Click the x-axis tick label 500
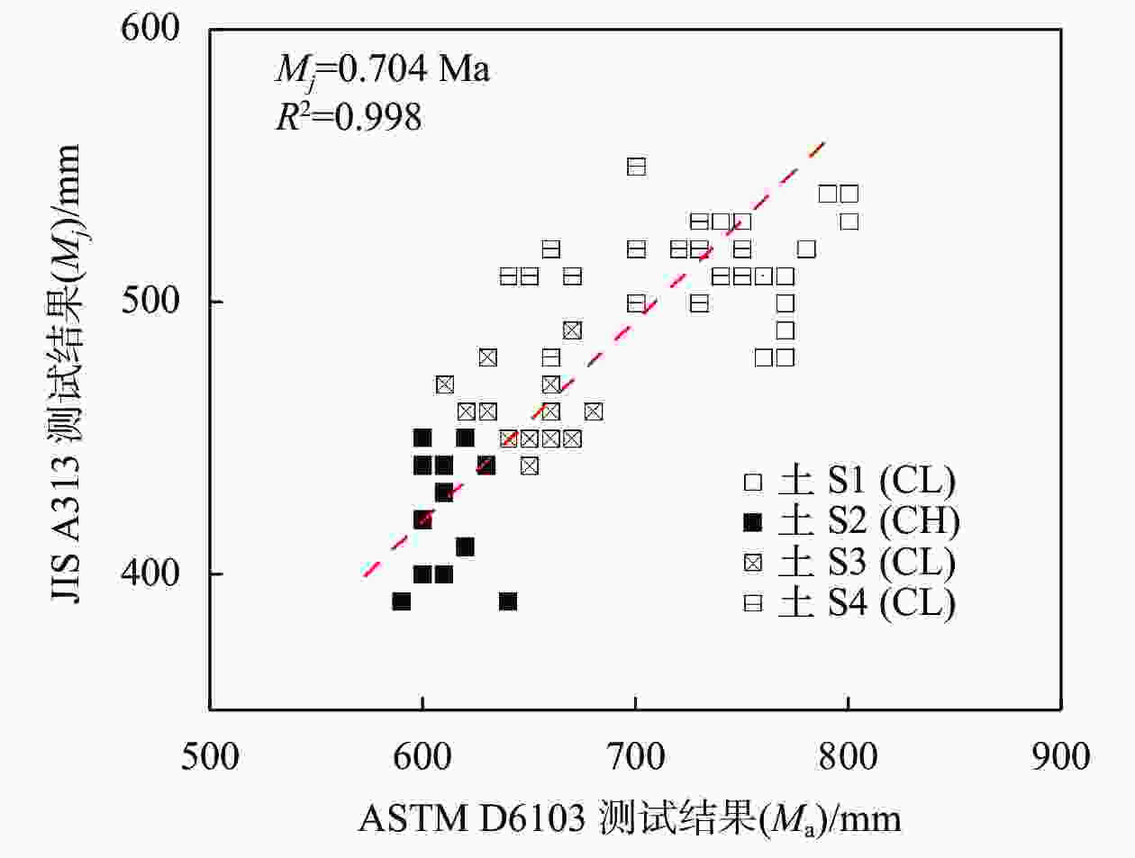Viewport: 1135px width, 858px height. click(210, 757)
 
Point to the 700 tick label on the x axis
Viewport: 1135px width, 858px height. click(635, 757)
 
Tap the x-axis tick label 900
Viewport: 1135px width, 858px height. click(1060, 757)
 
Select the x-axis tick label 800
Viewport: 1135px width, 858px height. click(848, 757)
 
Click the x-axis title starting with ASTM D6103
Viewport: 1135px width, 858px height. click(629, 818)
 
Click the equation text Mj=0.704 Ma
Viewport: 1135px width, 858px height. click(382, 68)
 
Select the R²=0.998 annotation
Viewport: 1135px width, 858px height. click(349, 117)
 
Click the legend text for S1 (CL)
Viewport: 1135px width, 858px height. click(867, 482)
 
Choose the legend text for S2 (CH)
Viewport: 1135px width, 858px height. click(868, 521)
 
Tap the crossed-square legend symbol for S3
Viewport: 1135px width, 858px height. click(753, 563)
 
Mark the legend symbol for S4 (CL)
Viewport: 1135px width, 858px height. click(753, 603)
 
